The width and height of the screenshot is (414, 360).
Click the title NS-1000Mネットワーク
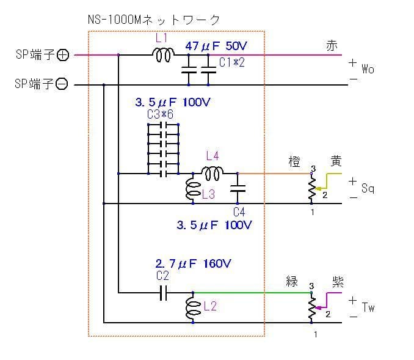[154, 20]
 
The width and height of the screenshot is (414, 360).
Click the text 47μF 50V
[216, 46]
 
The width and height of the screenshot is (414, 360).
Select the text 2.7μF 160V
[194, 264]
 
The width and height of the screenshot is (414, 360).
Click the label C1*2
[231, 62]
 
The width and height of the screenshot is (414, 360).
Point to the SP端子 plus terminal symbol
[62, 56]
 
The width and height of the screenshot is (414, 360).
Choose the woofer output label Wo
[368, 70]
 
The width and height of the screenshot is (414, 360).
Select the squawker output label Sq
[368, 189]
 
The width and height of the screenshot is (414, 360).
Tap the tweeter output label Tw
[368, 307]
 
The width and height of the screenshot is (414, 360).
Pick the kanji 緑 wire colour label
[292, 282]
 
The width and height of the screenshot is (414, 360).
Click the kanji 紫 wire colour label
[337, 282]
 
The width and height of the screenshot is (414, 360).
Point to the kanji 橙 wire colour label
[294, 162]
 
